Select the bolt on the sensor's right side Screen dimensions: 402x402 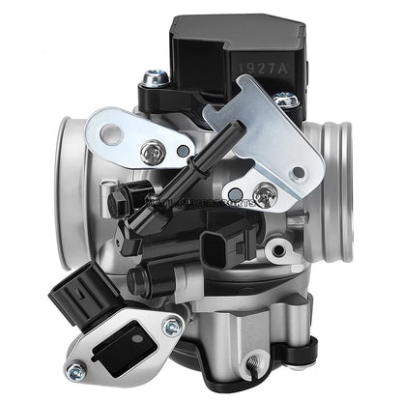(x=285, y=100)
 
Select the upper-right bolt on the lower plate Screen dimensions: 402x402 (x=173, y=326)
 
